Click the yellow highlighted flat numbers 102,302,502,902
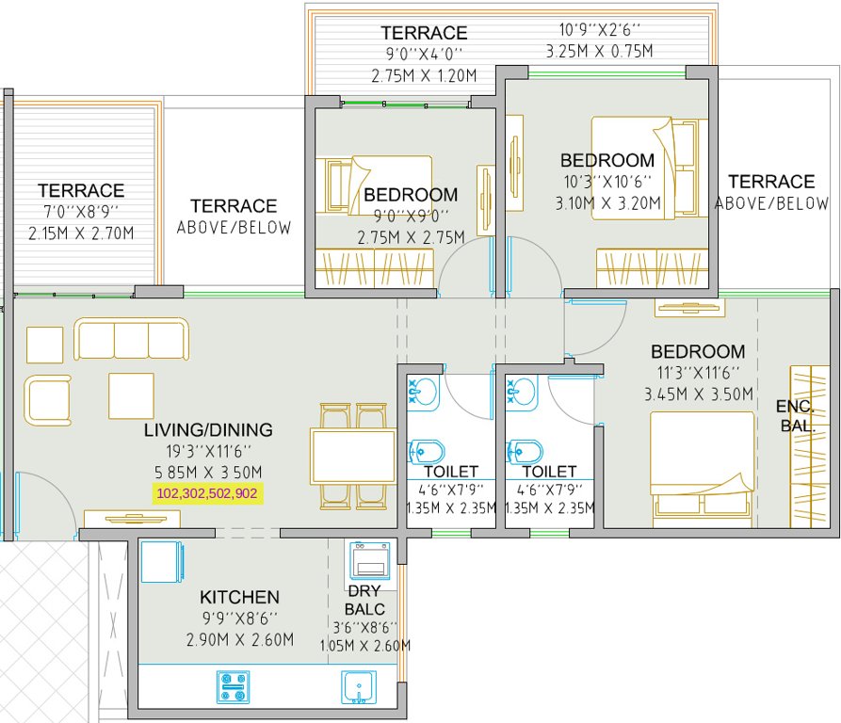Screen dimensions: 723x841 click(x=207, y=492)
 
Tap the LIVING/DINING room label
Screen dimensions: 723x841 click(x=208, y=430)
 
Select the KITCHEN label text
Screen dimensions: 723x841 click(x=239, y=597)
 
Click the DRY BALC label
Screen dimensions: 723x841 click(x=364, y=600)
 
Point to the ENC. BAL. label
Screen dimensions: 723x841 click(x=796, y=416)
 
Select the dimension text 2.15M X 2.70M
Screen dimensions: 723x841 click(x=81, y=233)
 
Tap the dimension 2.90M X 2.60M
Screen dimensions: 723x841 click(x=239, y=640)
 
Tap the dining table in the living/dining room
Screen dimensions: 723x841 click(x=353, y=457)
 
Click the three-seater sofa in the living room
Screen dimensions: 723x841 click(x=132, y=339)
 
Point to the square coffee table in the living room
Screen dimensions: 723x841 click(x=130, y=395)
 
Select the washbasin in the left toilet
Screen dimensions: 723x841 click(x=422, y=393)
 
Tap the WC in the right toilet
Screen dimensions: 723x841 click(x=524, y=453)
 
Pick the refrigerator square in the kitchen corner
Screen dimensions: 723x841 click(x=165, y=563)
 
